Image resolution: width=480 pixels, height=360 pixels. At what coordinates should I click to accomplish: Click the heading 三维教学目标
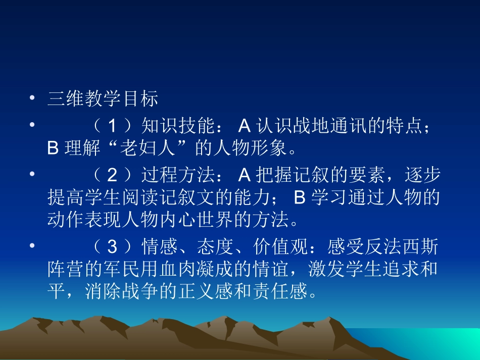pos(103,98)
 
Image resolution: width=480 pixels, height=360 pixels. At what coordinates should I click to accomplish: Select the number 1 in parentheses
pos(113,125)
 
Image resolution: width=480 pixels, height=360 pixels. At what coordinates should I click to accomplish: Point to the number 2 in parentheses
pos(113,175)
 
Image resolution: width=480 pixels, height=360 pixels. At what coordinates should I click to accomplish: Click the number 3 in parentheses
pos(113,247)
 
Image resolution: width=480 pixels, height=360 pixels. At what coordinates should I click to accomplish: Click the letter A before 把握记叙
pos(245,175)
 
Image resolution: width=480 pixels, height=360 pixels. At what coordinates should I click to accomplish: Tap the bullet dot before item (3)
pos(32,246)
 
